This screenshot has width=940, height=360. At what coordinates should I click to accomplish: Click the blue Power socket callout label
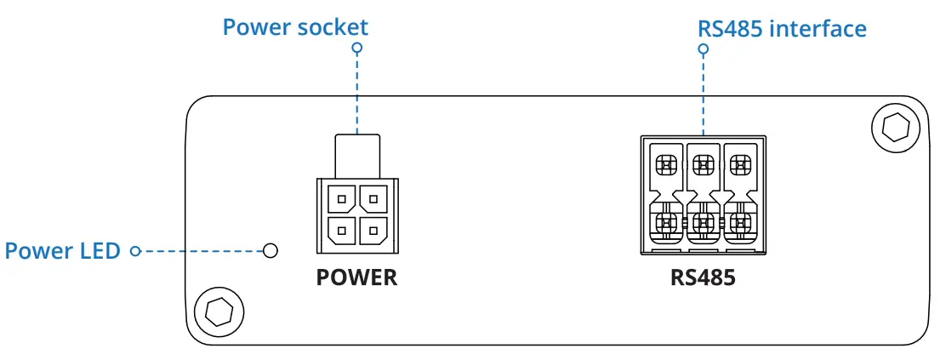point(295,26)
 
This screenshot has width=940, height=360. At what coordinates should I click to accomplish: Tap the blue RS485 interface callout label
point(782,28)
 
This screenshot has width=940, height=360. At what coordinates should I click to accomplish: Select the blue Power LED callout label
point(62,251)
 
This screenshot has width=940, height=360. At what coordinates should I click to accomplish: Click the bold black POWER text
point(356,277)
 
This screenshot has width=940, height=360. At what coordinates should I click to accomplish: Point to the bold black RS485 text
point(702,277)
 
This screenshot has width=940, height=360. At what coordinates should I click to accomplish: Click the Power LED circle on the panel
point(271,251)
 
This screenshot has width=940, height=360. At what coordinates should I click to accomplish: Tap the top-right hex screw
point(896,128)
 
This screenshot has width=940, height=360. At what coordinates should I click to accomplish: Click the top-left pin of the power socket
point(341,200)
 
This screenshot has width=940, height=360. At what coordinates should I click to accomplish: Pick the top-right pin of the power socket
point(373,200)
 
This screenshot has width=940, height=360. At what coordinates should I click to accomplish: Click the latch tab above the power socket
point(356,156)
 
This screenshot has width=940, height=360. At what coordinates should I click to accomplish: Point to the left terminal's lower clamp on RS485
point(665,223)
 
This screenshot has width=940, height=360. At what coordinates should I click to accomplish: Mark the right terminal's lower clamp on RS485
point(740,223)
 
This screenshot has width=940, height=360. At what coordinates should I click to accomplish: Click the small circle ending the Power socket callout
point(357,49)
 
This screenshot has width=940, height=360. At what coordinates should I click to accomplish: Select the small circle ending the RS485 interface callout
point(704,49)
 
